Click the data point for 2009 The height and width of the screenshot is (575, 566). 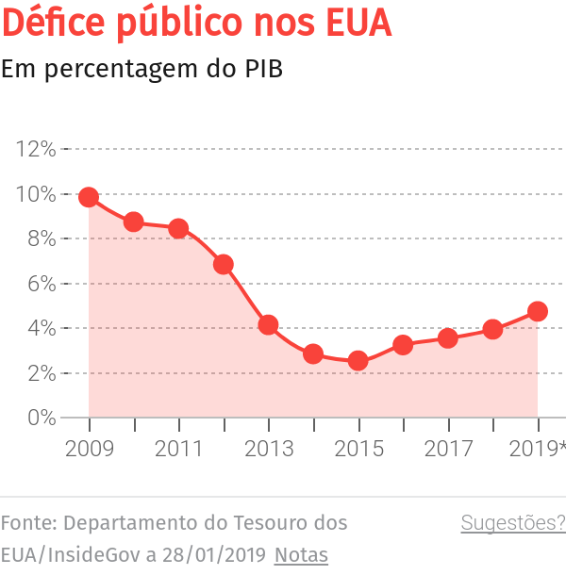tap(89, 197)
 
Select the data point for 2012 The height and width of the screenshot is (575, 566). tap(224, 264)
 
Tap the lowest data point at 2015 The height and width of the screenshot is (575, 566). tap(358, 361)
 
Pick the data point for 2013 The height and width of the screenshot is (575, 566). tap(268, 325)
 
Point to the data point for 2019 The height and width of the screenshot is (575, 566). tap(538, 311)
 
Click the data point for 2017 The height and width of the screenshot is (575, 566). tap(448, 337)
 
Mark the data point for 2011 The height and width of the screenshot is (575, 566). tap(178, 228)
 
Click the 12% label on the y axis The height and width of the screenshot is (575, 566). tap(36, 149)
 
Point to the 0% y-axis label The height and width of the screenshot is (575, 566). tap(41, 418)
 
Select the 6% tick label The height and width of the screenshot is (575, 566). tap(41, 284)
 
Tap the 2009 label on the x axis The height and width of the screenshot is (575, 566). tap(89, 449)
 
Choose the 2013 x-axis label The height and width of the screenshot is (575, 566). tap(268, 449)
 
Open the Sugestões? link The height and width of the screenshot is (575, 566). tap(513, 523)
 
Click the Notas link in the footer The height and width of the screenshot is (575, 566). tap(301, 555)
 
